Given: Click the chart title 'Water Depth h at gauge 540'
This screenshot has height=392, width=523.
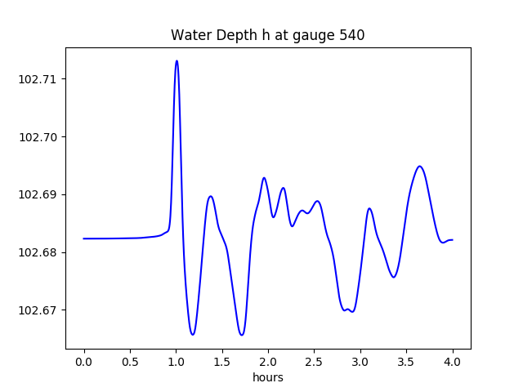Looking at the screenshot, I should [267, 36].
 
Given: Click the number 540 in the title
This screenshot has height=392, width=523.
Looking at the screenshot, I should [352, 36].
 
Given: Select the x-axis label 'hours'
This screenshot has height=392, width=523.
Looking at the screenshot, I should [268, 378].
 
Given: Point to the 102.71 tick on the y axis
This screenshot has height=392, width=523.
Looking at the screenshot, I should [39, 79].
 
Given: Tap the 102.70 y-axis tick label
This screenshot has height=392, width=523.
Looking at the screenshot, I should [39, 137].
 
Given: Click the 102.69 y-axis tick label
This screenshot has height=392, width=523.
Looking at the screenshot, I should [39, 194].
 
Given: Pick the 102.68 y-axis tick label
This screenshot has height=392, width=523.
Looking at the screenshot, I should [39, 252].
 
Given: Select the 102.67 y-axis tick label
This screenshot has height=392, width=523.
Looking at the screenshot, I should [39, 310].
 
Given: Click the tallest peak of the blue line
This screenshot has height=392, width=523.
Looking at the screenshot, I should [177, 60].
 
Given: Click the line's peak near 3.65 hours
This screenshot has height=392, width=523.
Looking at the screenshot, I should [419, 166].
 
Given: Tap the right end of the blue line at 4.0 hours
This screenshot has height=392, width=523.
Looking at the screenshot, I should [453, 240].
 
